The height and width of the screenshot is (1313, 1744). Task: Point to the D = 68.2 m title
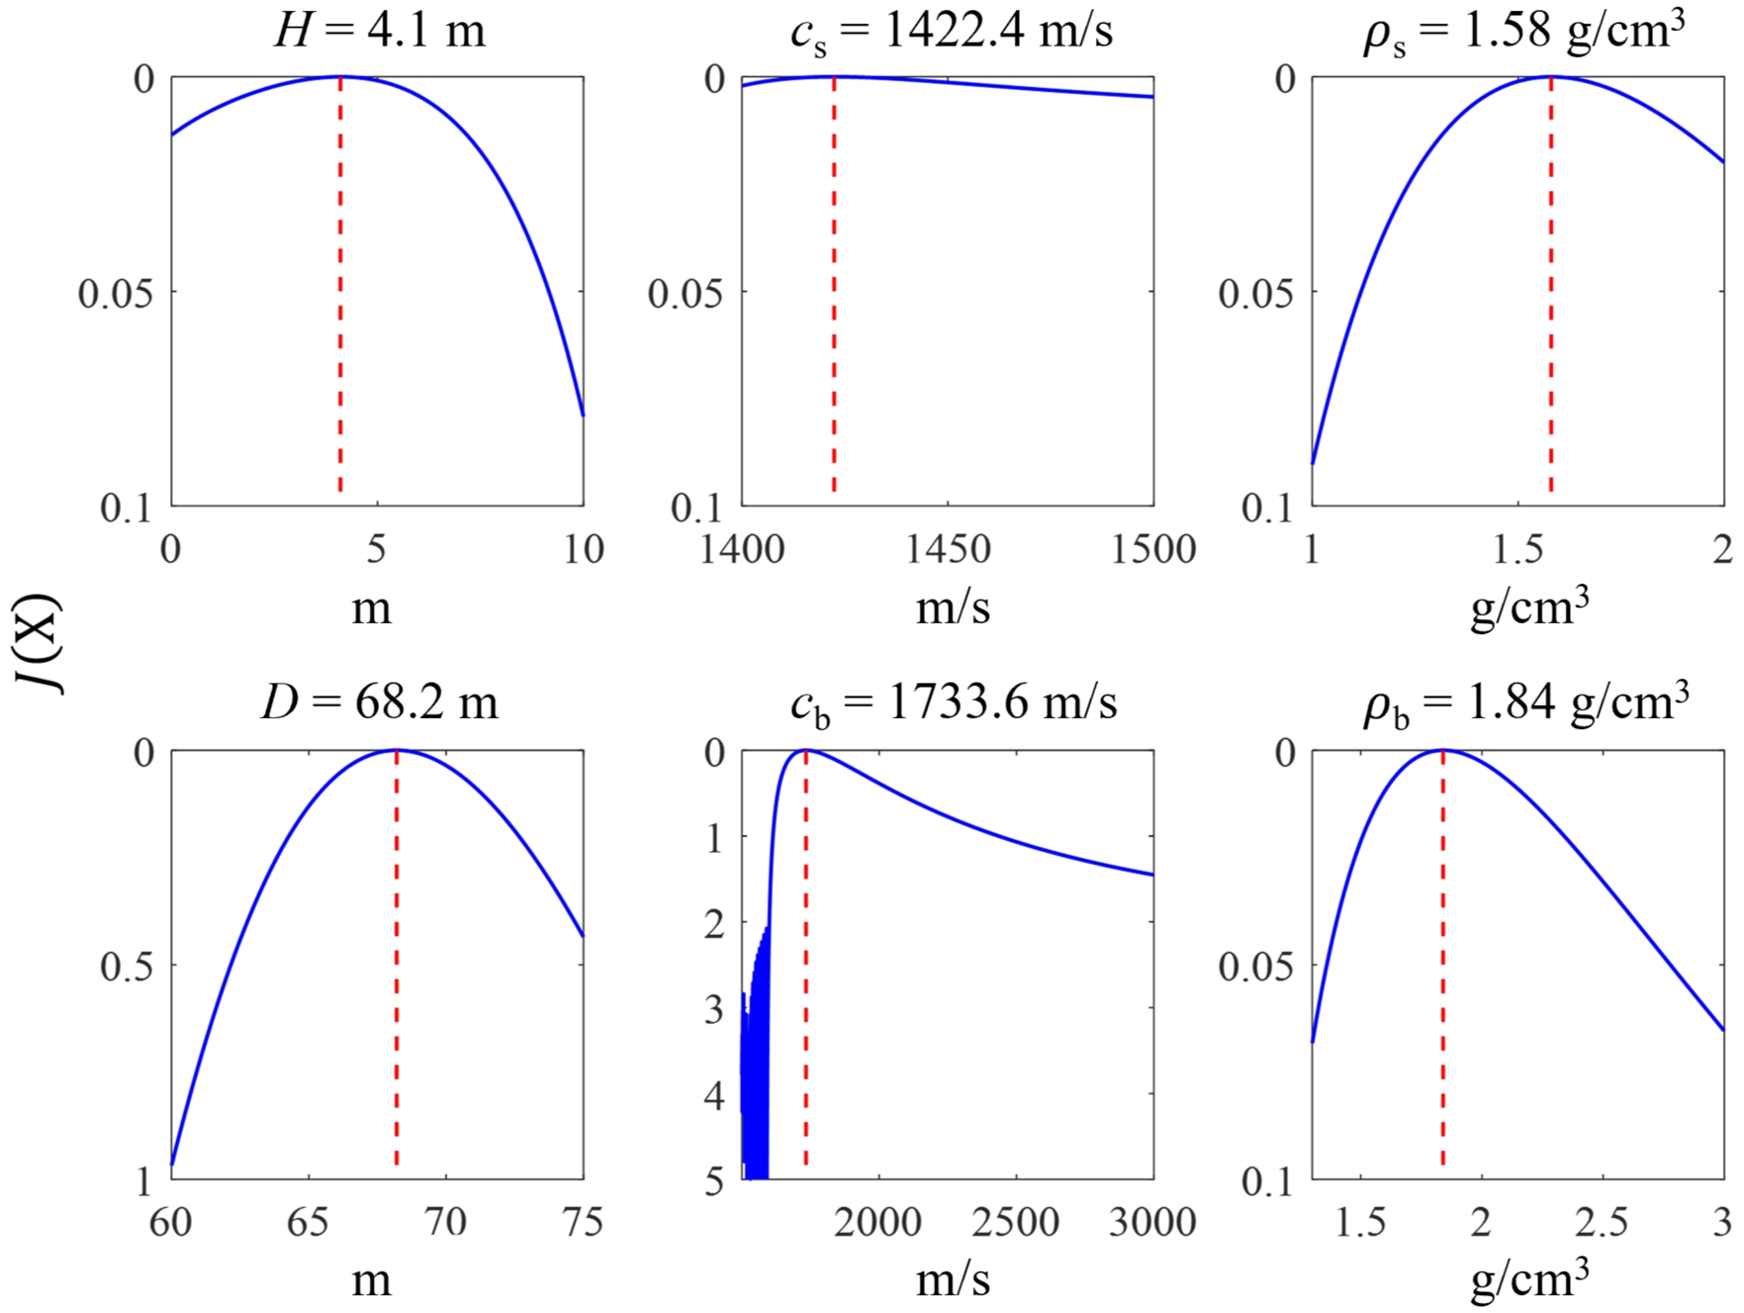(380, 703)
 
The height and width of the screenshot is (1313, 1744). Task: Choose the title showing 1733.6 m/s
(954, 703)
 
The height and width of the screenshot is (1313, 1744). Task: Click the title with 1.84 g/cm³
(1525, 703)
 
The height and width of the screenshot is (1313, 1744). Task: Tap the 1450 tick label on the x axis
(948, 549)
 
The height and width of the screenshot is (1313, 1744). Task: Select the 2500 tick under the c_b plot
(1015, 1223)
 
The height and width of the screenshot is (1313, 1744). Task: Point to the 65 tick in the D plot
(308, 1223)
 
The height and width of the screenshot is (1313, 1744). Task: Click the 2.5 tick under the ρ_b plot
(1602, 1223)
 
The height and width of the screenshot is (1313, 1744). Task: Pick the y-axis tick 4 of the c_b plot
(714, 1095)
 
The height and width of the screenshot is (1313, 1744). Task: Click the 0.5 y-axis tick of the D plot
(127, 966)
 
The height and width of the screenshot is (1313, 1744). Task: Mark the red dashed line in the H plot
(340, 297)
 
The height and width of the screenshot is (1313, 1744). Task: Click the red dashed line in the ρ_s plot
(1550, 297)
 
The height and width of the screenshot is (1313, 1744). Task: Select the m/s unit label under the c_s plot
(952, 607)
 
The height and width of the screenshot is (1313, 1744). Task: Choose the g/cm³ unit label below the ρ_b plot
(1529, 1279)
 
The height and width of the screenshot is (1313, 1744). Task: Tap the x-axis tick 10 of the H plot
(583, 549)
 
